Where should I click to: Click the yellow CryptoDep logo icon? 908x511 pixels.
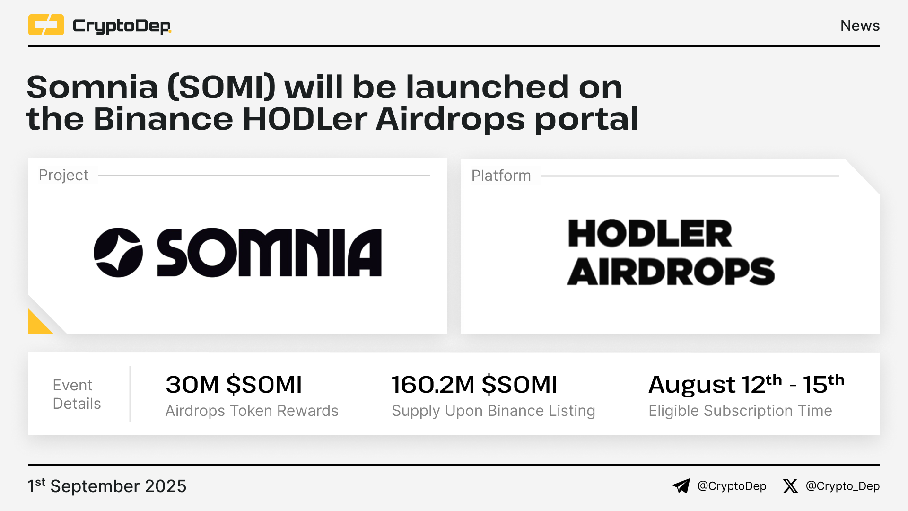46,25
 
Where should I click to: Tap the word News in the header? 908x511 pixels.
860,26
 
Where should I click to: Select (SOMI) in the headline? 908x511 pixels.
221,88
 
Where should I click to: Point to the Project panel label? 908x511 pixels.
63,175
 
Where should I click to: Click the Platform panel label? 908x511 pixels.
501,176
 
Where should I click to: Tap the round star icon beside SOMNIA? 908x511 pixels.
118,252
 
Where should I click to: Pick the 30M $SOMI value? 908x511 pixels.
234,384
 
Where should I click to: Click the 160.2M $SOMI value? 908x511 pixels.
474,384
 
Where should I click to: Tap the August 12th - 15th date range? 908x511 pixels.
746,384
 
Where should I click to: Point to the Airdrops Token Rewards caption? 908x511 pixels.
252,411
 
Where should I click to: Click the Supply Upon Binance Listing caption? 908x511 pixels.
493,411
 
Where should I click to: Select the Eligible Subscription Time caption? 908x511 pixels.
740,411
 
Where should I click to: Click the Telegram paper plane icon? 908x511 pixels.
681,486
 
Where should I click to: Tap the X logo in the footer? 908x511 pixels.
790,486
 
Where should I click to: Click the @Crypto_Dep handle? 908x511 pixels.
843,486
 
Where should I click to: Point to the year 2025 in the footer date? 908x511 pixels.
166,486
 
